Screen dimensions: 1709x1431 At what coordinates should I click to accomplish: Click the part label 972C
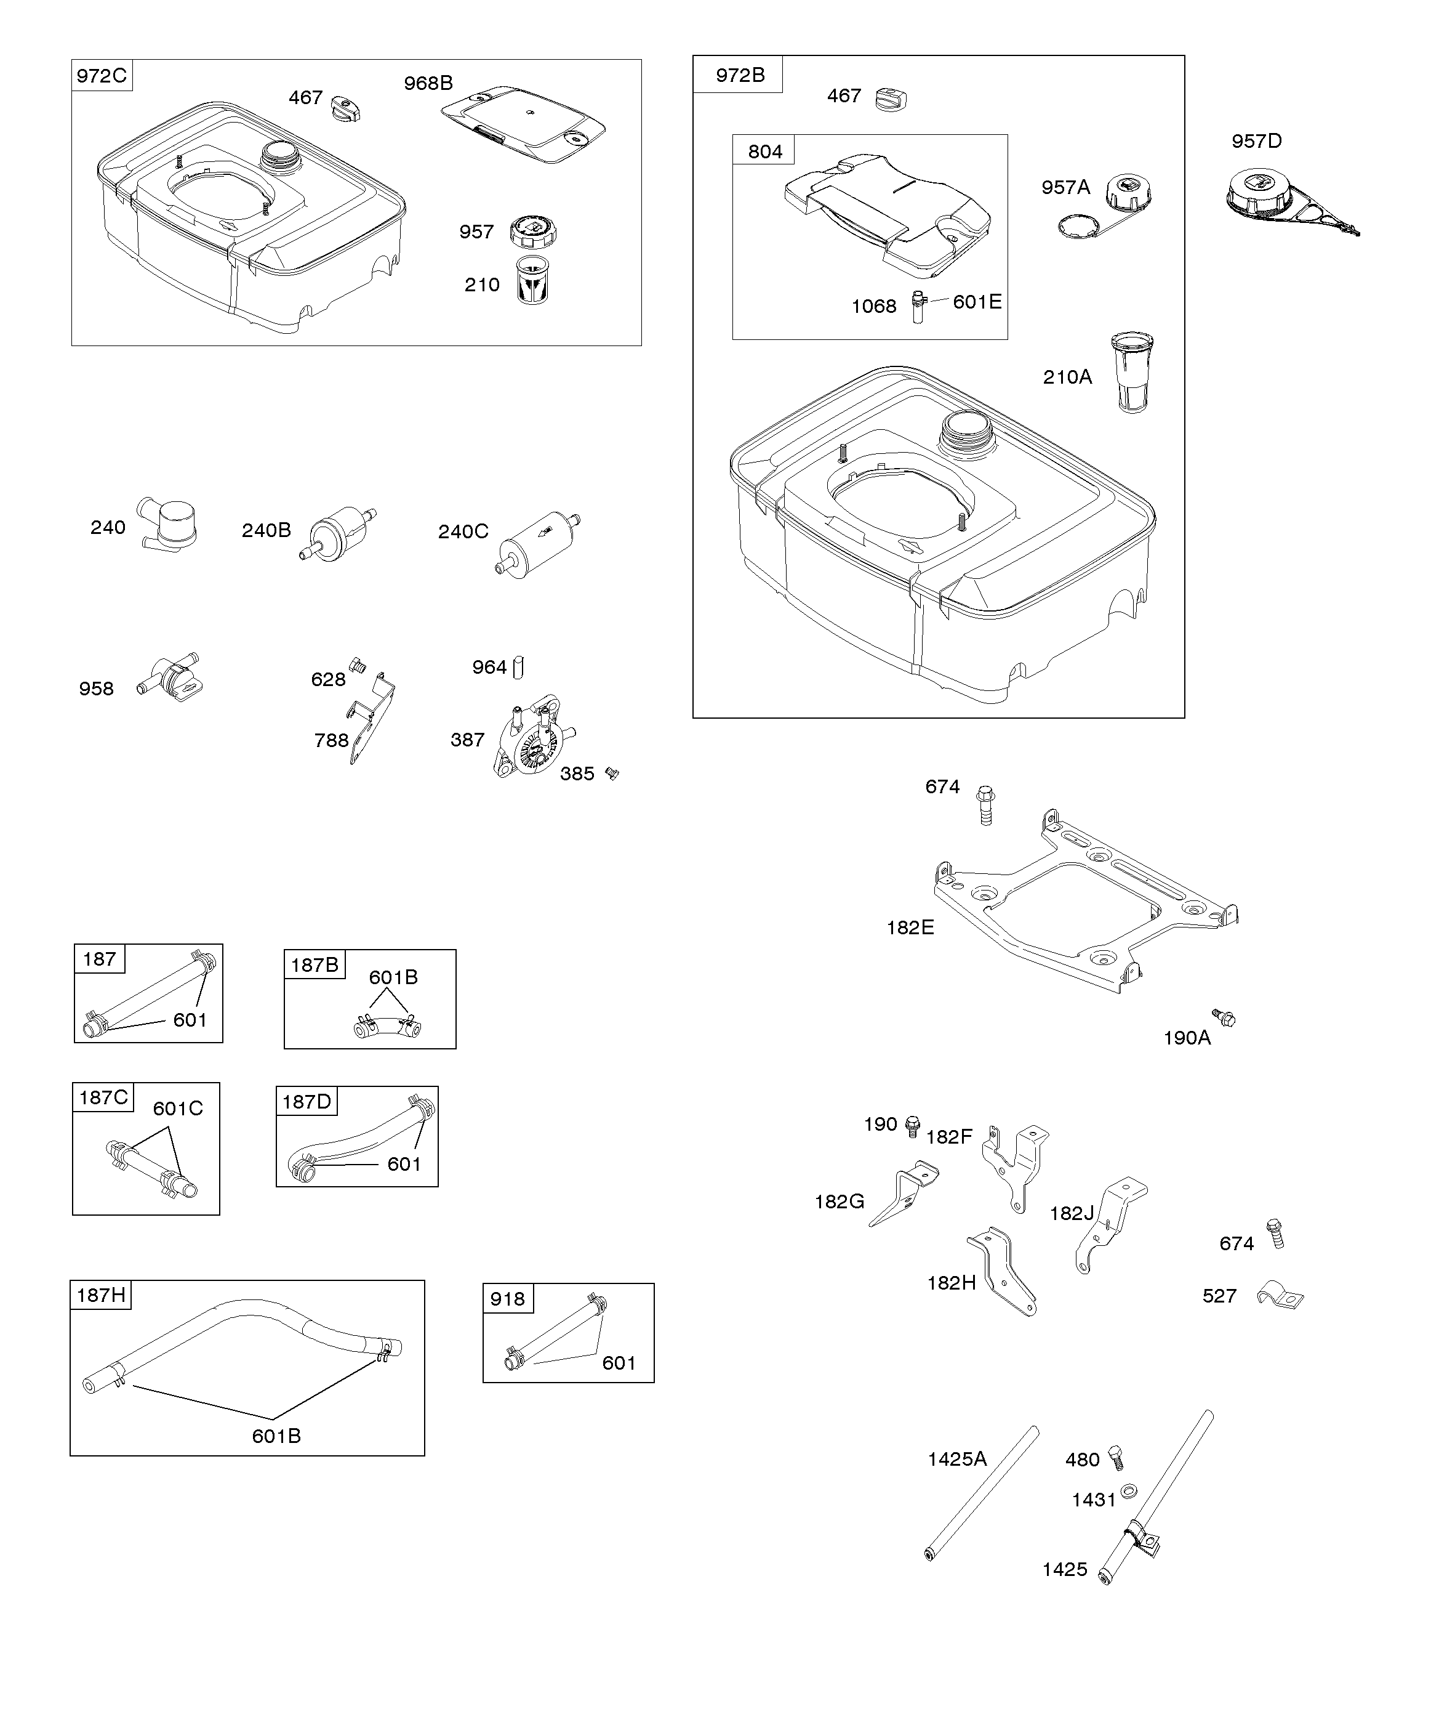pos(102,76)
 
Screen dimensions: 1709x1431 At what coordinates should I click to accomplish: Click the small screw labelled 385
pos(612,774)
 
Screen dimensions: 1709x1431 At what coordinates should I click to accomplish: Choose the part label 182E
pos(910,927)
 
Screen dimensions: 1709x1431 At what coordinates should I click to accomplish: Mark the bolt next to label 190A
pos(1224,1017)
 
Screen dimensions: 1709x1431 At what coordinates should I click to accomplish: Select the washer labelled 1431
pos(1128,1492)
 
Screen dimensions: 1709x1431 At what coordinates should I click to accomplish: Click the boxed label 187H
pos(101,1295)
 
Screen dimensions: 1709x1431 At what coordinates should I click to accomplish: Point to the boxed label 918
pos(508,1299)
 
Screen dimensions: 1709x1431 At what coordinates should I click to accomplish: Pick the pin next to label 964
pos(519,668)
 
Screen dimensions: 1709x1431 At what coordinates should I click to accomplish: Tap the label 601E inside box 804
pos(977,302)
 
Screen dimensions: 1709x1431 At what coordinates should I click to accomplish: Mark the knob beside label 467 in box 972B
pos(891,99)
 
